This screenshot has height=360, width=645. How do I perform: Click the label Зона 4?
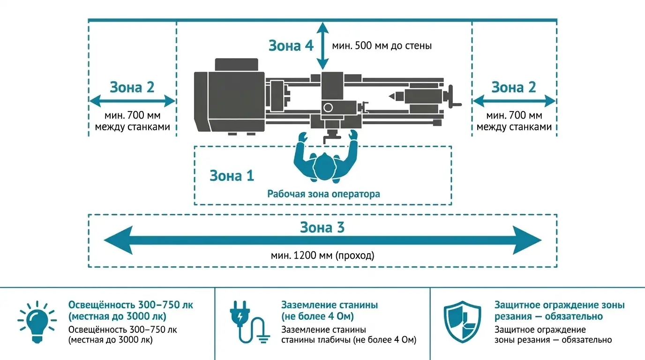291,45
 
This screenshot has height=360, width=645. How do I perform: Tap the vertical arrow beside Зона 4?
322,46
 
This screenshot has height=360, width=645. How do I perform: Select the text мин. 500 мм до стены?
382,46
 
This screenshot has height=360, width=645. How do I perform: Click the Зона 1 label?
232,176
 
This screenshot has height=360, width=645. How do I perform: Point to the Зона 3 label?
322,227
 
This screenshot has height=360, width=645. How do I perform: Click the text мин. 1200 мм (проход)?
322,255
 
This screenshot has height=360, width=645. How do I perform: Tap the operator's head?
324,166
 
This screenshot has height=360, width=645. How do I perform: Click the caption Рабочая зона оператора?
323,194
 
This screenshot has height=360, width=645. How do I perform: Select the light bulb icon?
37,322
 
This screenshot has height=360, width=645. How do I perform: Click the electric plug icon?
249,322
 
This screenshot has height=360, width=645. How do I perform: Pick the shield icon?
462,322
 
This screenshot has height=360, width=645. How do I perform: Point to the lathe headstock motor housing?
229,101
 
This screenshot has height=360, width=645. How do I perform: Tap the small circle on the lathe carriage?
328,108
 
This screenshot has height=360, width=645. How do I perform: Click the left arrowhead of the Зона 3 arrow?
118,240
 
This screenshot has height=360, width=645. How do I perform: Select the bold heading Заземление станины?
330,305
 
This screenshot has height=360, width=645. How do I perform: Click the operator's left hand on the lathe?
302,136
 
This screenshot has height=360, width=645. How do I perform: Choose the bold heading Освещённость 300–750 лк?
131,305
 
